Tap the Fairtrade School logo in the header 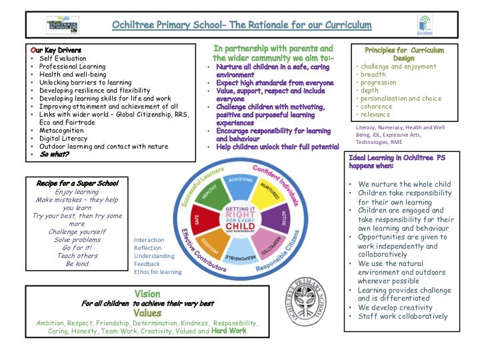tap(63, 26)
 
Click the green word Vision tap(147, 293)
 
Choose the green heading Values tap(147, 313)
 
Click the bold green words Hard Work tap(229, 331)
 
